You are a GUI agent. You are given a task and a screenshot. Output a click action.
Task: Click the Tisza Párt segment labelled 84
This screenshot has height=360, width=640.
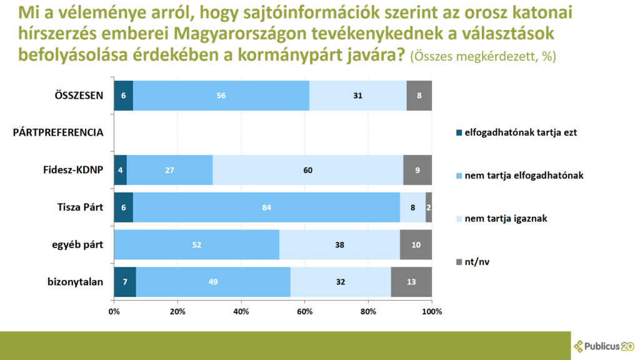[x=266, y=207]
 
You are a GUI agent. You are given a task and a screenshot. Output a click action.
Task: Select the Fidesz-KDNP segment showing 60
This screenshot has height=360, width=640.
[x=308, y=169]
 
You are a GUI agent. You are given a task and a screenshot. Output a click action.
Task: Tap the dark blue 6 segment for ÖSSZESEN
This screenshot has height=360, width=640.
[x=123, y=96]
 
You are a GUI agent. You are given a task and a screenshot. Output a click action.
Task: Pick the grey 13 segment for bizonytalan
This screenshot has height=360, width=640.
[x=411, y=282]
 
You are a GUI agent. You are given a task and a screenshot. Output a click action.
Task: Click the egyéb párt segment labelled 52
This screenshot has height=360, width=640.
[x=197, y=244]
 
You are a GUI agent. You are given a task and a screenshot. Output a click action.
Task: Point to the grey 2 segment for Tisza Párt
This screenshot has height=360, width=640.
[x=429, y=207]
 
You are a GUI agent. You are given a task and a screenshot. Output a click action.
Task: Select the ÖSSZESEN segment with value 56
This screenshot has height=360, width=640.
[x=221, y=96]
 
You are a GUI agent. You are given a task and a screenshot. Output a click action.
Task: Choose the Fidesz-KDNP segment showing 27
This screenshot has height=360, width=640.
[x=170, y=169]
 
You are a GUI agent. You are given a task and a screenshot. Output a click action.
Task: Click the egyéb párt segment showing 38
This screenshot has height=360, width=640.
[x=339, y=244]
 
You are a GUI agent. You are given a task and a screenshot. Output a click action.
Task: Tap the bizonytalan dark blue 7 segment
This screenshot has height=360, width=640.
[x=125, y=282]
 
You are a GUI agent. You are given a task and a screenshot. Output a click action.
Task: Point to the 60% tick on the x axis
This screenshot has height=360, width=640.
[x=304, y=311]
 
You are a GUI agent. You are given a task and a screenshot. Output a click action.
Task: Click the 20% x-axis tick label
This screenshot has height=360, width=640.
[x=177, y=311]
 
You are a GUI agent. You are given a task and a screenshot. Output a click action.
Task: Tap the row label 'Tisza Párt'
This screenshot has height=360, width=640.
[x=79, y=207]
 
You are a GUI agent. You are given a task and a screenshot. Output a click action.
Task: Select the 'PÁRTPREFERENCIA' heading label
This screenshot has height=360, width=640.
[x=58, y=132]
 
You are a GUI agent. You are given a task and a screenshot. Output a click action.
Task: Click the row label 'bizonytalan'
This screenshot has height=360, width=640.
[x=75, y=282]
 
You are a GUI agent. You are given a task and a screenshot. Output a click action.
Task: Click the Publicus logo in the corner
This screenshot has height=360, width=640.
[x=604, y=346]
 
